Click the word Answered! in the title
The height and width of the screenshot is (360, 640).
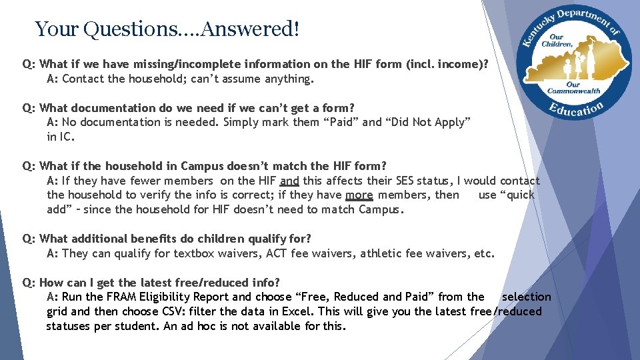coord(250,29)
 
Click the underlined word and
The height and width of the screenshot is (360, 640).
coord(289,181)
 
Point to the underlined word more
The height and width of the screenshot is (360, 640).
coord(359,195)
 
